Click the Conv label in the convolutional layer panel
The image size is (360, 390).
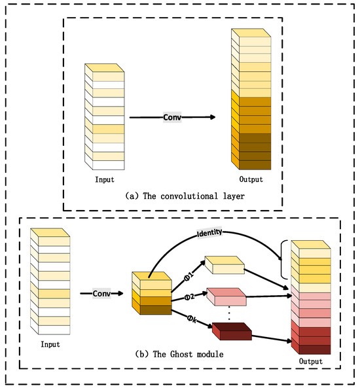click(x=172, y=116)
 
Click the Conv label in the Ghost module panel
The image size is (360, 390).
click(x=101, y=293)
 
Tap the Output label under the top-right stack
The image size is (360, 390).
click(x=251, y=179)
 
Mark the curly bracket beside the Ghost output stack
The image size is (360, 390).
click(x=283, y=259)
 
